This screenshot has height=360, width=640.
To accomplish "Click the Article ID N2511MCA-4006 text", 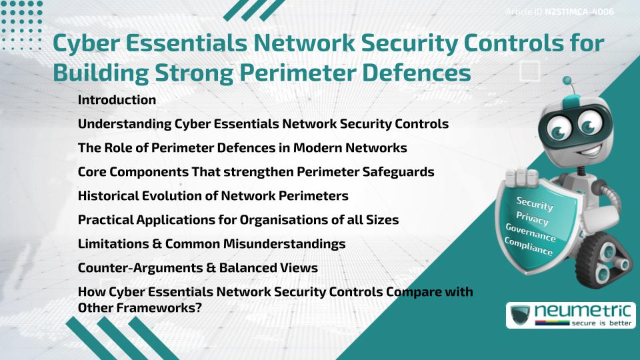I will [559, 12].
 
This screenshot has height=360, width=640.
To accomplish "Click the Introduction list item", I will [117, 100].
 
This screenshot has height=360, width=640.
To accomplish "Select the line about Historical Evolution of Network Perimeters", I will [213, 196].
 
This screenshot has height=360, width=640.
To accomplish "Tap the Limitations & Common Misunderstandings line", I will [211, 244].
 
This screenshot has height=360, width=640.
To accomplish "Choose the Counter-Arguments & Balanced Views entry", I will [197, 268].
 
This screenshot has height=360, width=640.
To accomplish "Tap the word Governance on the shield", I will [531, 234].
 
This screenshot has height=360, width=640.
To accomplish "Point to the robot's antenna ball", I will [568, 81].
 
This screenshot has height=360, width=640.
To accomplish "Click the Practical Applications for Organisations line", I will [238, 220].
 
